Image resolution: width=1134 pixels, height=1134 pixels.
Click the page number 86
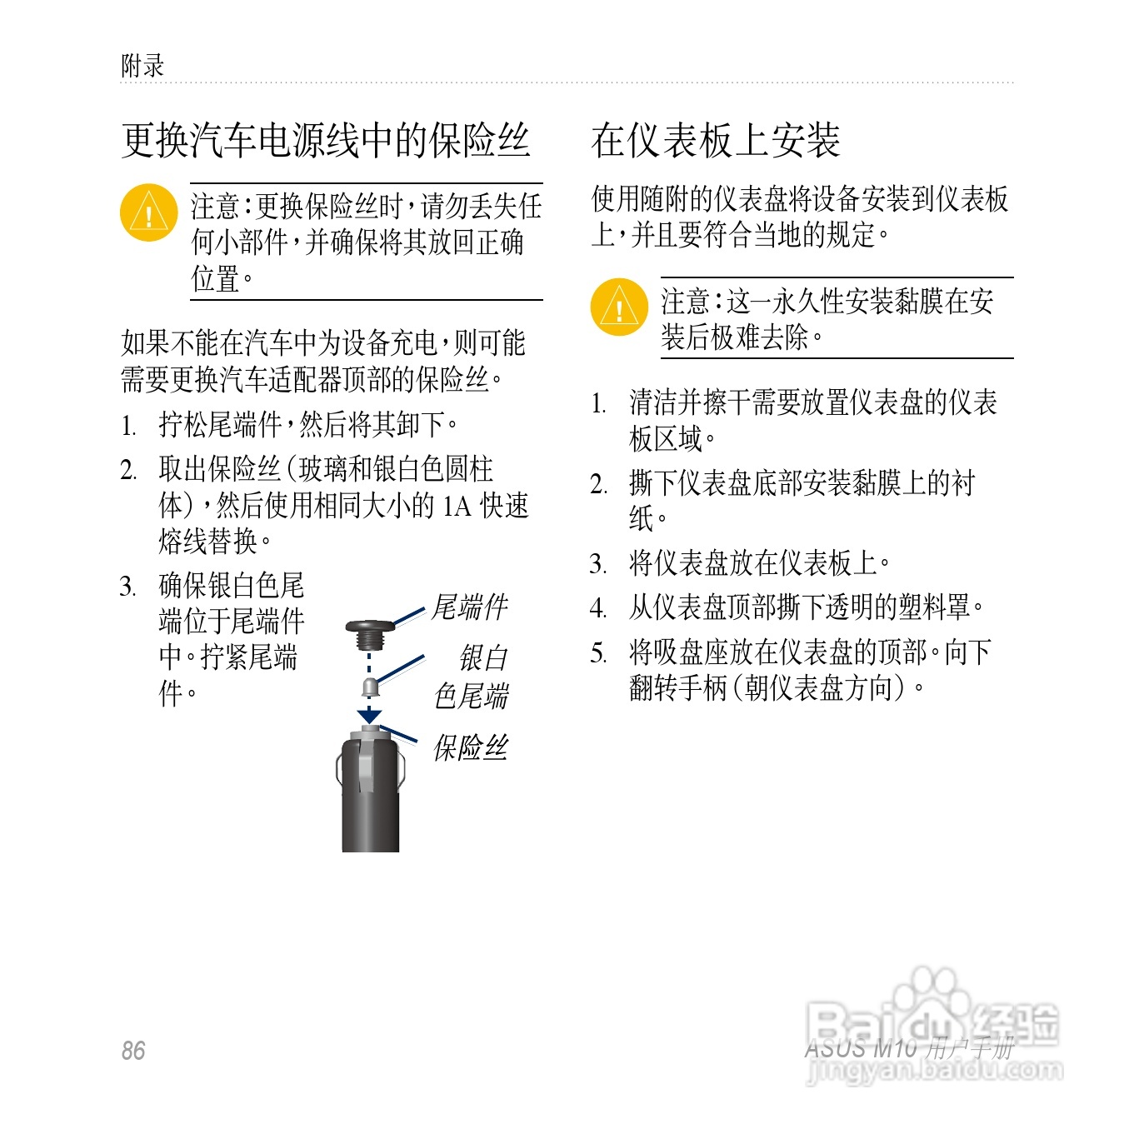132,1050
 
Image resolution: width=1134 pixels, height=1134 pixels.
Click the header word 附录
142,66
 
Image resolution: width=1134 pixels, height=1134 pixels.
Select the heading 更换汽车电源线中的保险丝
325,140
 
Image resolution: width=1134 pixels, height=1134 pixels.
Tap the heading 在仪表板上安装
715,140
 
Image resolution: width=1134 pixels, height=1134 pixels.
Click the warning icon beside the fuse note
148,212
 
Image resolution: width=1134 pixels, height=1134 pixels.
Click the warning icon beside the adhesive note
618,307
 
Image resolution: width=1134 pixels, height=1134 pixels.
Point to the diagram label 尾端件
469,607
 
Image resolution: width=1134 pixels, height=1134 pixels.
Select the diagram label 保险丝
470,747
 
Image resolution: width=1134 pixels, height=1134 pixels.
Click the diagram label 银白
483,658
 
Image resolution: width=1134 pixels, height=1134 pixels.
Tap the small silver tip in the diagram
369,687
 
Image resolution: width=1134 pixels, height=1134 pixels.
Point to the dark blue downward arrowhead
369,716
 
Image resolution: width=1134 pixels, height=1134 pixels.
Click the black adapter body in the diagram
370,800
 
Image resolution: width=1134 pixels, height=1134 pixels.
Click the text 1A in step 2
457,506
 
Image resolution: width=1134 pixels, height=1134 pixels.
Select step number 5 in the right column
597,652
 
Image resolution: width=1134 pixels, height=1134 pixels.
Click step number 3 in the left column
127,586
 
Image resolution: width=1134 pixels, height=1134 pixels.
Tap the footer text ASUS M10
860,1049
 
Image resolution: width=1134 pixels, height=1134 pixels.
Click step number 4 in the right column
598,608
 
